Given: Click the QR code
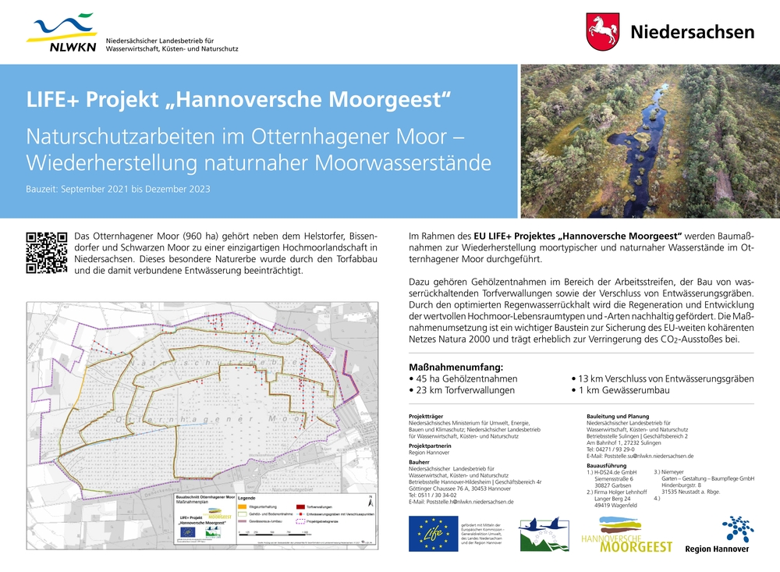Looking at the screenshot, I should tap(45, 251).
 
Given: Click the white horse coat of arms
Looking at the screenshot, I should tap(602, 31).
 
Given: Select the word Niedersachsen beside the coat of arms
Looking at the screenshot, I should tap(692, 32).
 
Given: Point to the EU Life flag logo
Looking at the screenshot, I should tap(433, 534).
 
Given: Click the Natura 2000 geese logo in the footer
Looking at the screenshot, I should tap(544, 535).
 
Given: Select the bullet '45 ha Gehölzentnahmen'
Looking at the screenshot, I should tap(465, 378).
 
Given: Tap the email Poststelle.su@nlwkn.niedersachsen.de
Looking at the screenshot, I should tap(640, 456).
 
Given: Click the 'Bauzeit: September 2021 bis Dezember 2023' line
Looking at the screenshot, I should tap(118, 189).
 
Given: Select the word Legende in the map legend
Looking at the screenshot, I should tap(247, 498).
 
